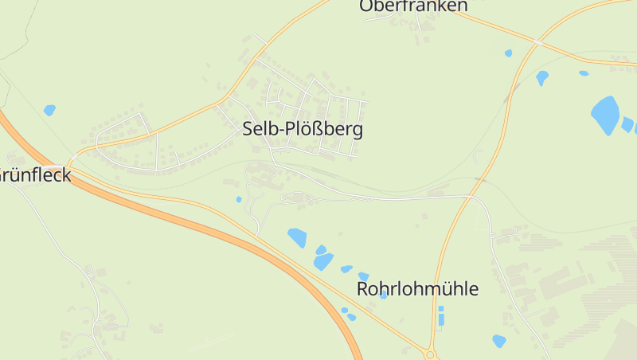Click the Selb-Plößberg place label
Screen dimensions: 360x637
[x=303, y=130]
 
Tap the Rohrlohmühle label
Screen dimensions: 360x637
[x=418, y=288]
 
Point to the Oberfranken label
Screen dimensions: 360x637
[x=412, y=6]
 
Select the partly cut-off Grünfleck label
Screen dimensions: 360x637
[x=35, y=175]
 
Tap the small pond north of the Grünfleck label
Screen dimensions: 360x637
[x=49, y=110]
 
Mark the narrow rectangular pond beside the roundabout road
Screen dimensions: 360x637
[x=441, y=315]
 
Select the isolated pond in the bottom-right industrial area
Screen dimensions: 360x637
[x=499, y=341]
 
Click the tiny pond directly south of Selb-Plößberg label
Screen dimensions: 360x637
[x=238, y=199]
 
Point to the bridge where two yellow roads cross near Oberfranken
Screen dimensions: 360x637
[x=538, y=41]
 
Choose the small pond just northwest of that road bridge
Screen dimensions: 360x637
[x=508, y=53]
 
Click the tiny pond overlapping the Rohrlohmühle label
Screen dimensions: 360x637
[x=384, y=295]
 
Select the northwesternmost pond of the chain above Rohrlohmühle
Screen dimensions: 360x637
[x=297, y=237]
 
